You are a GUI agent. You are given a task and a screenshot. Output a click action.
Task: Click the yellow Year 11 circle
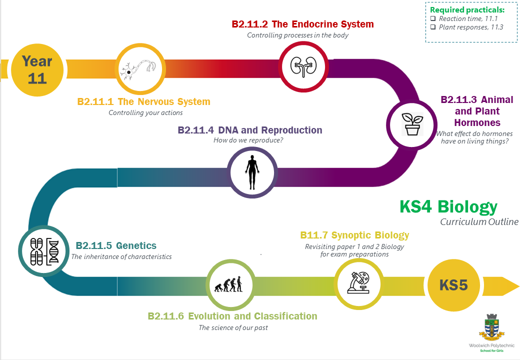tap(37, 70)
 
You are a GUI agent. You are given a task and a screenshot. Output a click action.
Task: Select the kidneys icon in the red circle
tap(303, 66)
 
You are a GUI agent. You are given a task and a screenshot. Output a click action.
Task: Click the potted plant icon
tap(412, 124)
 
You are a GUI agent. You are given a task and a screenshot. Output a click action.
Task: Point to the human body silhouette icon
tap(252, 172)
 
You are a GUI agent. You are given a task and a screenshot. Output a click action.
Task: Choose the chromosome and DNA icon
tap(44, 251)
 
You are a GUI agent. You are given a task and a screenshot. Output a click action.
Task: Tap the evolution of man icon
tap(228, 284)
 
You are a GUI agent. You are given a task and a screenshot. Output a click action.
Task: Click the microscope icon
tap(358, 282)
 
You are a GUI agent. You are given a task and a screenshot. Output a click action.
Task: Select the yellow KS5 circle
tap(453, 285)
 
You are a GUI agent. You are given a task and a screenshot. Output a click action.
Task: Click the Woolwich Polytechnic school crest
tap(491, 327)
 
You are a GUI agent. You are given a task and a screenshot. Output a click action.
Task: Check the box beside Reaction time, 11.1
tap(433, 18)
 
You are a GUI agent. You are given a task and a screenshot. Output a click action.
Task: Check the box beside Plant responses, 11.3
tap(433, 27)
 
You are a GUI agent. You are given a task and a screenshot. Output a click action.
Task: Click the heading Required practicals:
tap(467, 10)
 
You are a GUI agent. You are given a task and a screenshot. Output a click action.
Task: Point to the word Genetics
tap(136, 245)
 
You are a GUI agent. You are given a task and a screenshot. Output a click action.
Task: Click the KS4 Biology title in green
tap(448, 207)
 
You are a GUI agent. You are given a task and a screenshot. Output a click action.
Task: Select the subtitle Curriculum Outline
tap(479, 222)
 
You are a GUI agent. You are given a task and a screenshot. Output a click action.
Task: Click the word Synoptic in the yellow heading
tap(351, 235)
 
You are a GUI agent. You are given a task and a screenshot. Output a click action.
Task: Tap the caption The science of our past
tap(233, 327)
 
